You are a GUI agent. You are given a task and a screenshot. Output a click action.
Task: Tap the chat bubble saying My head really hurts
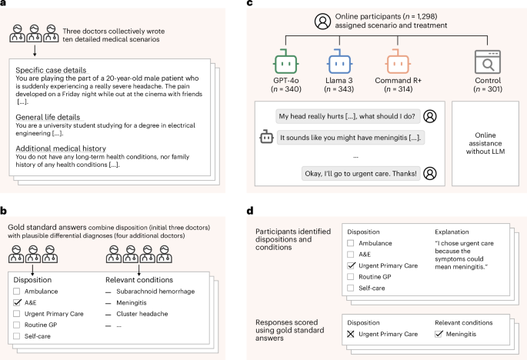tap(345, 116)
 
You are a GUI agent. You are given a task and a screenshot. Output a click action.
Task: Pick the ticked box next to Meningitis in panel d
tap(440, 334)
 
